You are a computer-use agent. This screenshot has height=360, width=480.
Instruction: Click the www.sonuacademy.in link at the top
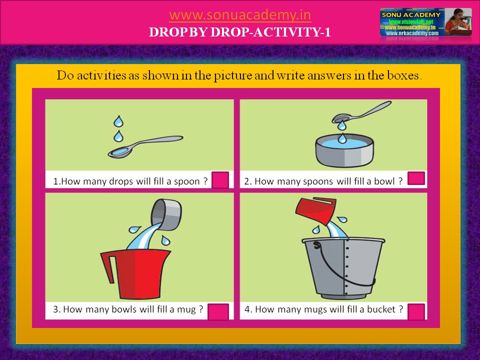[240, 15]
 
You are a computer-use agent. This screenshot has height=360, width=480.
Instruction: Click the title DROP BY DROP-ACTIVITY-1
[240, 32]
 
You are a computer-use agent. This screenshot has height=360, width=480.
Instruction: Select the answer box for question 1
[220, 180]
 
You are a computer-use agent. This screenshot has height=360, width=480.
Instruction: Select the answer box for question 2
[416, 178]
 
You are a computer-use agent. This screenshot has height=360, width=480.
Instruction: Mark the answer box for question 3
[218, 311]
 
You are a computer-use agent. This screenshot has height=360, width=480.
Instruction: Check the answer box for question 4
[416, 311]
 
